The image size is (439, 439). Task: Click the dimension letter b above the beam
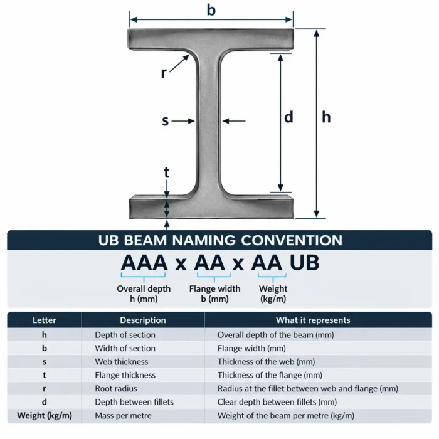(x=211, y=10)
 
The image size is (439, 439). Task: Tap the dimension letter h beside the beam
(x=326, y=117)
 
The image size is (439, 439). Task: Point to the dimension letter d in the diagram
(x=288, y=117)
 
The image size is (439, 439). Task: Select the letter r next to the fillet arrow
(x=164, y=73)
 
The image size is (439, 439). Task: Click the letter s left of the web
(x=166, y=121)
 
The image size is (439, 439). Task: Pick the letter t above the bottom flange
(x=167, y=172)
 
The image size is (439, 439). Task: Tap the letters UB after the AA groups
(x=304, y=263)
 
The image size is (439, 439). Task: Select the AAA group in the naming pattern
(x=144, y=263)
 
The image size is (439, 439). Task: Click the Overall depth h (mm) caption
(x=144, y=294)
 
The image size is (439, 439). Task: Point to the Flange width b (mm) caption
(x=214, y=294)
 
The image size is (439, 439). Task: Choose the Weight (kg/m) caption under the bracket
(x=273, y=294)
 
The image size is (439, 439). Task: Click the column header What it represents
(x=313, y=320)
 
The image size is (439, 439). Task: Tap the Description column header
(x=143, y=320)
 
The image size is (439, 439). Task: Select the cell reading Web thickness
(x=122, y=362)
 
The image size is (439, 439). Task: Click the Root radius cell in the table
(x=116, y=389)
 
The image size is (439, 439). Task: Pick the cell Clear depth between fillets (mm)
(x=277, y=402)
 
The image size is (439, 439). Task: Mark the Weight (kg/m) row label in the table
(x=45, y=415)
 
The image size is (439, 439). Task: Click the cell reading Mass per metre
(x=123, y=415)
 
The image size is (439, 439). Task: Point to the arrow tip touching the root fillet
(x=189, y=55)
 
